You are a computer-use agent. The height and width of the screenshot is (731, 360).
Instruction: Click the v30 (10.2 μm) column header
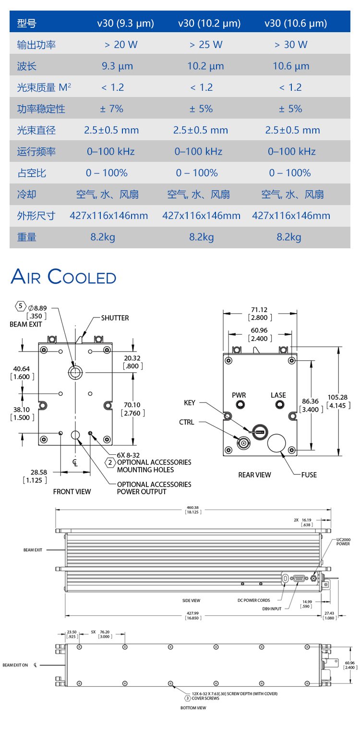point(209,24)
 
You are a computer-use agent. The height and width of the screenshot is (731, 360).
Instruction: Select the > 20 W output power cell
point(121,45)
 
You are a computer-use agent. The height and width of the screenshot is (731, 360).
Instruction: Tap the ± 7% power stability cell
point(111,109)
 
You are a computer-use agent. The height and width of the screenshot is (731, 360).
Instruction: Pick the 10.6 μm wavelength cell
point(291,66)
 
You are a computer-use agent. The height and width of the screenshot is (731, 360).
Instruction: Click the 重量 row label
point(27,237)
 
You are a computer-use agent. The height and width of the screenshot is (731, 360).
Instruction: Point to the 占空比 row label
point(32,173)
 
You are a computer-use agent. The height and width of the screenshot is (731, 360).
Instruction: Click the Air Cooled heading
point(63,277)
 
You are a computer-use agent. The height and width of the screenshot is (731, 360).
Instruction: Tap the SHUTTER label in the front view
point(115,318)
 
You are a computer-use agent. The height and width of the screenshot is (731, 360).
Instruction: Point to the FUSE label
point(309,475)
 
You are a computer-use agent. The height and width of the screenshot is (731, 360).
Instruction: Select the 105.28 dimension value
point(338,397)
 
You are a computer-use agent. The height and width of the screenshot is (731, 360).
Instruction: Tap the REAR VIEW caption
point(254,475)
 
